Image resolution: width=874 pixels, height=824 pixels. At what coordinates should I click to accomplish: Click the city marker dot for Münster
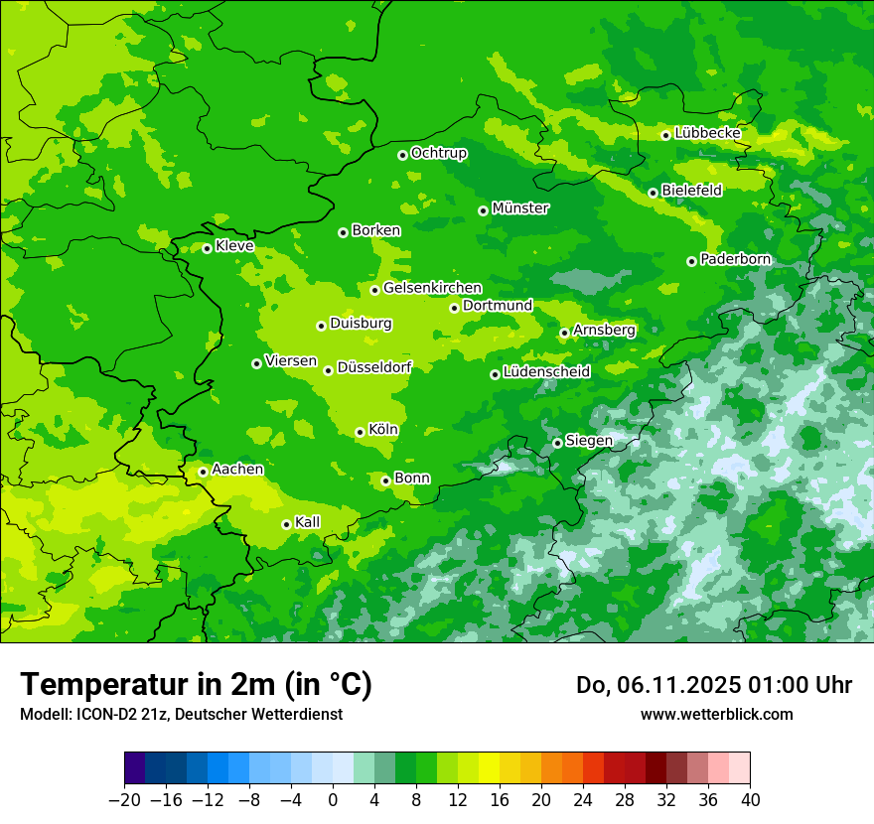click(484, 210)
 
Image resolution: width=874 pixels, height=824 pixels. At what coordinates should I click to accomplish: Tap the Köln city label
click(382, 430)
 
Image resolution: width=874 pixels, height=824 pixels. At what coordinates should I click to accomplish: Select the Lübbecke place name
click(707, 133)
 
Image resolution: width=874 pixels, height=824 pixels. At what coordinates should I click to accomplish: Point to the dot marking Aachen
click(203, 472)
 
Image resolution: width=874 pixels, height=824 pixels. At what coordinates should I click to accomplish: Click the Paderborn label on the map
click(735, 259)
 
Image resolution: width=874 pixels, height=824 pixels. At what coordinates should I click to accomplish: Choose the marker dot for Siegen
click(558, 443)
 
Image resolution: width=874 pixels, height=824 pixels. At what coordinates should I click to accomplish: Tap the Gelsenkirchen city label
click(432, 288)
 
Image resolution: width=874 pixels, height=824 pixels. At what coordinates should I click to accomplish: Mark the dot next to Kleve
click(207, 248)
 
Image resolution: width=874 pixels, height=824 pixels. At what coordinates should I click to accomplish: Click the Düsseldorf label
click(373, 367)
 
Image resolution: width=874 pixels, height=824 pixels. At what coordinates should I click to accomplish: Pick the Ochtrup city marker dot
click(402, 155)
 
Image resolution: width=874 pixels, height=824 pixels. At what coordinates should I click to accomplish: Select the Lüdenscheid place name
click(546, 372)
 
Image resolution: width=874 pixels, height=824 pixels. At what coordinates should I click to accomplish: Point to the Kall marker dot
click(286, 524)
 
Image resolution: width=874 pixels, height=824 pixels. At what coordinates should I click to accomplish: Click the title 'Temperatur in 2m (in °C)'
click(196, 685)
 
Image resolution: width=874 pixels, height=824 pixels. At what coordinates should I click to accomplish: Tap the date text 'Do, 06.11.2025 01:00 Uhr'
click(713, 685)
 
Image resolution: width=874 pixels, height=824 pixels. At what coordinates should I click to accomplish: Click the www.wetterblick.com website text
click(716, 714)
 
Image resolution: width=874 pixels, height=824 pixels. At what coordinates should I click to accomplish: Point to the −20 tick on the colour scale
click(124, 800)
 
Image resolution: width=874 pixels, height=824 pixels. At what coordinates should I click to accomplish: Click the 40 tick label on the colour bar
click(750, 800)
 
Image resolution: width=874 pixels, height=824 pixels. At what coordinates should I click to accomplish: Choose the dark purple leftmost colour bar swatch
click(134, 768)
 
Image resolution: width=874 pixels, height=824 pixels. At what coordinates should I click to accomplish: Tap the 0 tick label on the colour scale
click(333, 800)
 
